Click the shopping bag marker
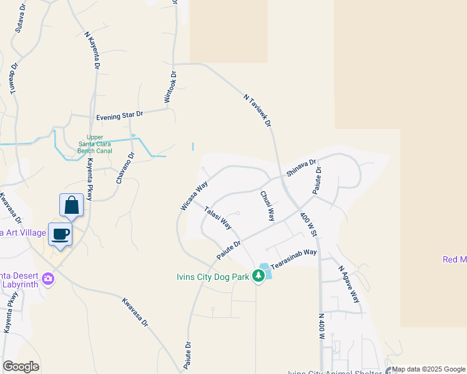[72, 205]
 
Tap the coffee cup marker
[60, 234]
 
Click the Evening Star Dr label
[120, 116]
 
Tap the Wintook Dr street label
[170, 87]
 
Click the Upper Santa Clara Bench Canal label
[94, 144]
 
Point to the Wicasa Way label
[193, 196]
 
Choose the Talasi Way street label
[218, 217]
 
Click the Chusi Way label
[267, 206]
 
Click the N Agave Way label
[349, 284]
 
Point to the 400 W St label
[308, 224]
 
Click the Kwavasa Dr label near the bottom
[135, 312]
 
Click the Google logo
[21, 367]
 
